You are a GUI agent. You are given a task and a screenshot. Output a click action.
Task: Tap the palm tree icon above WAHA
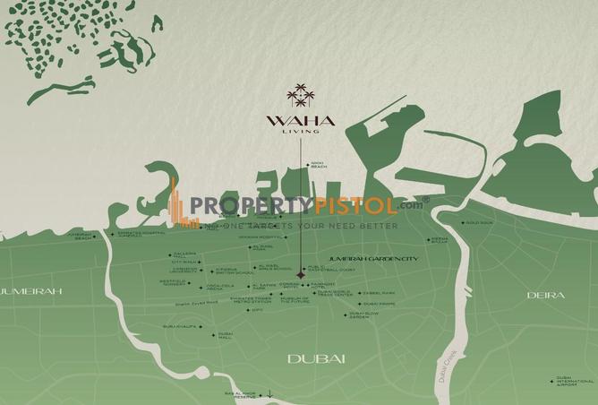(298, 94)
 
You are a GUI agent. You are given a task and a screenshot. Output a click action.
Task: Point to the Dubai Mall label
(225, 336)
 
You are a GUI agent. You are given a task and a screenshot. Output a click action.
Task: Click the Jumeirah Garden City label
(361, 258)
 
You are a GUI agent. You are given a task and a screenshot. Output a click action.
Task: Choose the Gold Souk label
(479, 222)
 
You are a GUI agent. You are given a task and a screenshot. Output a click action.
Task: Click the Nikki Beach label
(318, 165)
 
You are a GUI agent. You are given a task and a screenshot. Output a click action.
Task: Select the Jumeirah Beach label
(80, 237)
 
